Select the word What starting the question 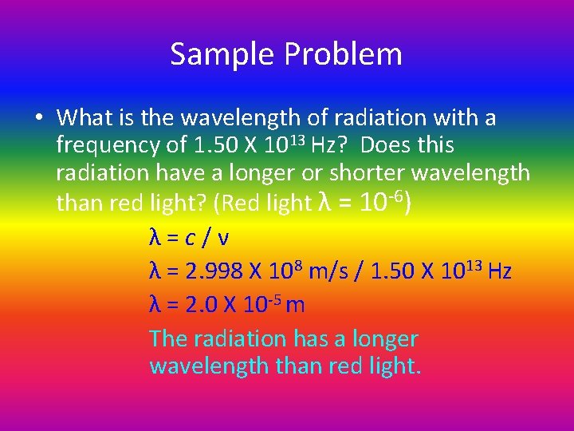click(x=84, y=118)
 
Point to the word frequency click(x=104, y=146)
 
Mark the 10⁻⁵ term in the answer click(x=258, y=303)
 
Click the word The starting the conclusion click(x=168, y=338)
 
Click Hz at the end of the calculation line click(x=498, y=271)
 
